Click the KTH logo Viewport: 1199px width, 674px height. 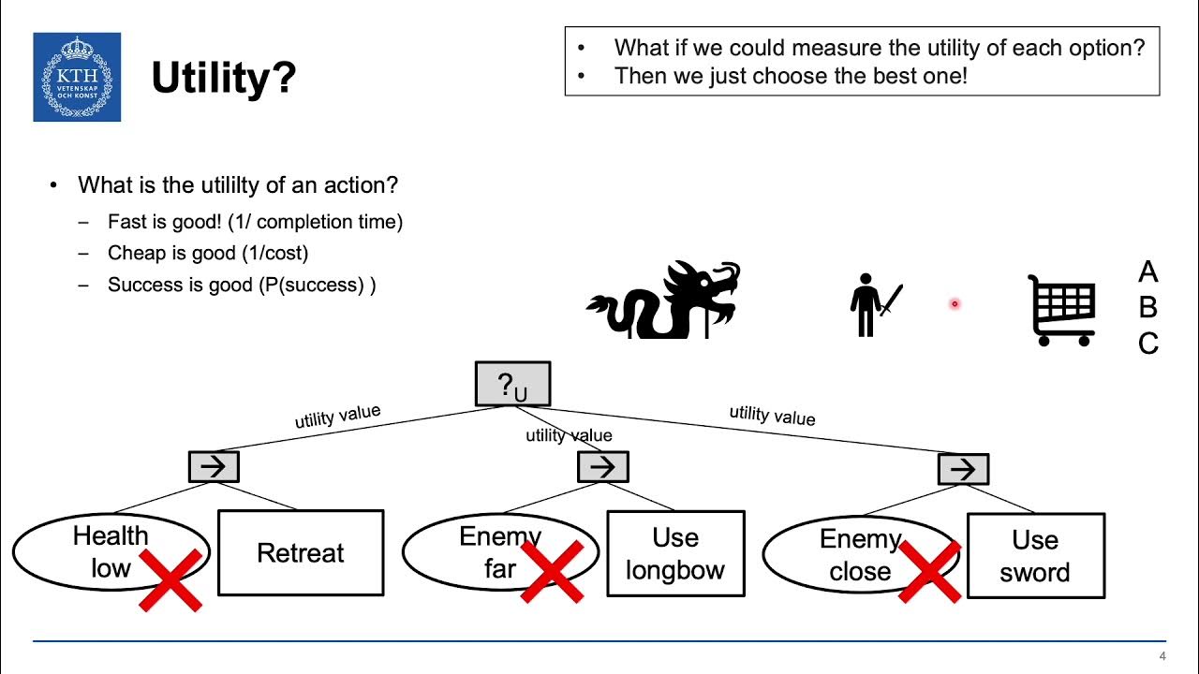click(x=77, y=78)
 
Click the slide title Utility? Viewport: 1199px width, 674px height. click(x=223, y=79)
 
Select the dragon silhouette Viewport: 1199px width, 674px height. click(x=664, y=300)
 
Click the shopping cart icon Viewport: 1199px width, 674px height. click(x=1062, y=310)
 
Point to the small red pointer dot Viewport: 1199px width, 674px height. click(x=955, y=303)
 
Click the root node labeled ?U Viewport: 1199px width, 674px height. click(x=512, y=385)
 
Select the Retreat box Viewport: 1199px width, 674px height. click(x=301, y=553)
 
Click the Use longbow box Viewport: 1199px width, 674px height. click(x=675, y=553)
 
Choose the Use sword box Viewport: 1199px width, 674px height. click(x=1035, y=555)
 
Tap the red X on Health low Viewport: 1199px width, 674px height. click(x=170, y=579)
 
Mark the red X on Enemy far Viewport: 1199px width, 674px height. click(x=553, y=570)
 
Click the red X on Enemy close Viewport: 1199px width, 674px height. click(x=929, y=570)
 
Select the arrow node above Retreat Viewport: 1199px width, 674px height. click(x=214, y=466)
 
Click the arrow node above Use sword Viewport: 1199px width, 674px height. click(x=963, y=468)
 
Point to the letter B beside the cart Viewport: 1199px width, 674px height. click(x=1147, y=307)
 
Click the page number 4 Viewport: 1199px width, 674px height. click(x=1162, y=655)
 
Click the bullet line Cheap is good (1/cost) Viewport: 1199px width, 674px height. click(x=207, y=253)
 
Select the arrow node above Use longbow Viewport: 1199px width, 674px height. click(x=602, y=466)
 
